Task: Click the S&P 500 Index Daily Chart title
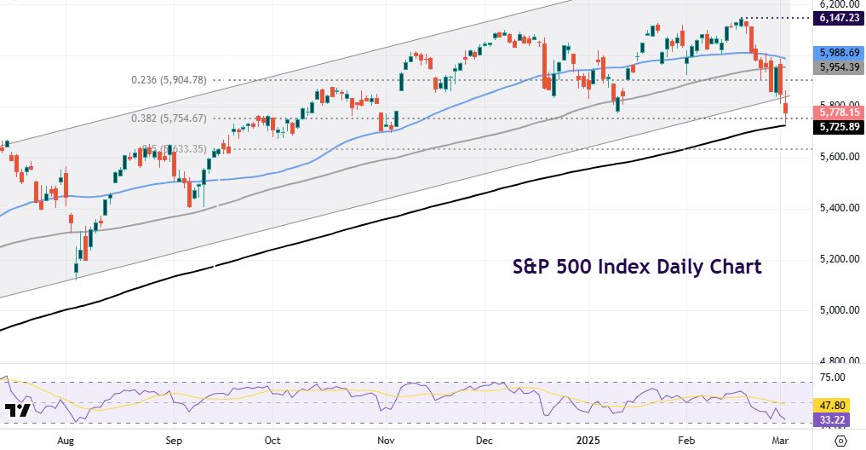[637, 267]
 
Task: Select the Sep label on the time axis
[173, 441]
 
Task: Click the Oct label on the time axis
[272, 441]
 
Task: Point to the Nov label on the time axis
[386, 441]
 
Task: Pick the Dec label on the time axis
[485, 441]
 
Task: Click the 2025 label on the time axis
[587, 441]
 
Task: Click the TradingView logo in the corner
[18, 411]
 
